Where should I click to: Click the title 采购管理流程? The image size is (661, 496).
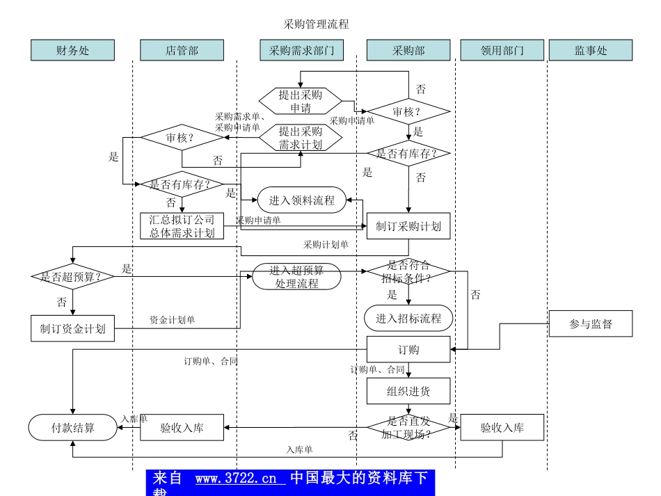pyautogui.click(x=316, y=24)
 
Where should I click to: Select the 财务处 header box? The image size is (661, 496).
pyautogui.click(x=72, y=50)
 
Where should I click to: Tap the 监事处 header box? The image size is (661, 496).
pyautogui.click(x=590, y=50)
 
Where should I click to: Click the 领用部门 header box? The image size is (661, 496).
pyautogui.click(x=502, y=50)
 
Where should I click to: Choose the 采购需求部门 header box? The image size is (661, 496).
pyautogui.click(x=301, y=50)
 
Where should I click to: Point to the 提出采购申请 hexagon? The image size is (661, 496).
pyautogui.click(x=301, y=102)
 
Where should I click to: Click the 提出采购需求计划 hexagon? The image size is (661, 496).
pyautogui.click(x=301, y=138)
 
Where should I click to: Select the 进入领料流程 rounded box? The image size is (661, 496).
pyautogui.click(x=301, y=200)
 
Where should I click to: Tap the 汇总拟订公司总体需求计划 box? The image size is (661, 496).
pyautogui.click(x=182, y=226)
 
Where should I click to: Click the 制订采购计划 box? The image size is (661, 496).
pyautogui.click(x=408, y=226)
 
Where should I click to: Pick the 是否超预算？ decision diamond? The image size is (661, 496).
pyautogui.click(x=72, y=276)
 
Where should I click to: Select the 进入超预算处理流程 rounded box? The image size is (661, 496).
pyautogui.click(x=296, y=276)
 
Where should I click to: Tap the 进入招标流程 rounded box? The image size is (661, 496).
pyautogui.click(x=408, y=318)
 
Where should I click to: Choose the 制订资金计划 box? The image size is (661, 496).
pyautogui.click(x=72, y=329)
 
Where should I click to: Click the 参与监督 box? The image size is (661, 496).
pyautogui.click(x=590, y=323)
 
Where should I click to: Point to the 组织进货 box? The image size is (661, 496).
pyautogui.click(x=408, y=391)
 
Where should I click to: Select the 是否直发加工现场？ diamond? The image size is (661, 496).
pyautogui.click(x=408, y=427)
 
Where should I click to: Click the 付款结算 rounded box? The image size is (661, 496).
pyautogui.click(x=72, y=427)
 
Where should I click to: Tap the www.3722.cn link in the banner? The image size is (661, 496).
pyautogui.click(x=240, y=479)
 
